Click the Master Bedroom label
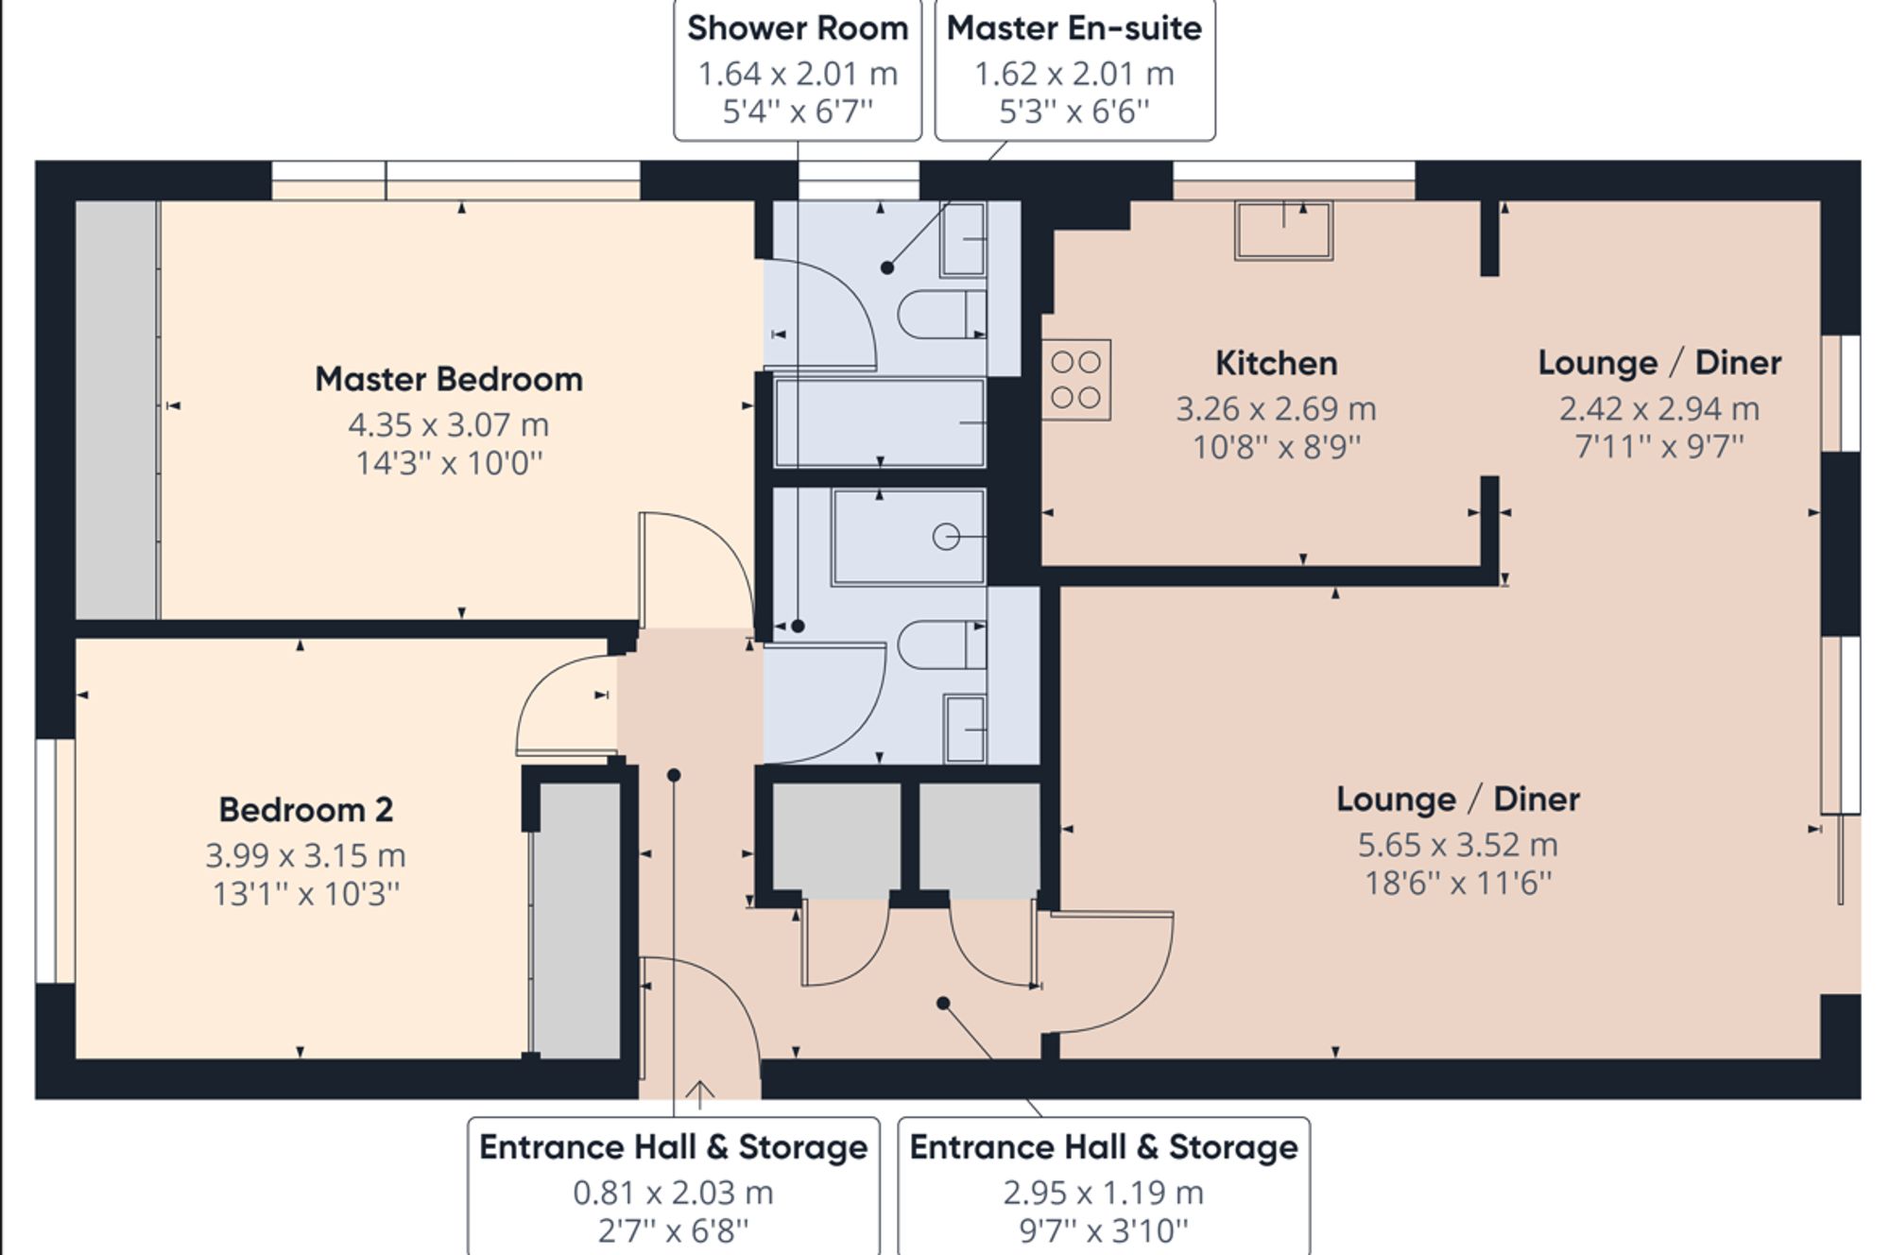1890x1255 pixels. (x=449, y=380)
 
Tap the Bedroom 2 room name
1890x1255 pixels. (x=305, y=810)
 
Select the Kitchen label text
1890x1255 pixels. (x=1276, y=364)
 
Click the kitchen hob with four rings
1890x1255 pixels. (x=1076, y=380)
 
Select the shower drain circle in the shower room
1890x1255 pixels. (x=946, y=537)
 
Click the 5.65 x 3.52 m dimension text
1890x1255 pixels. (x=1457, y=845)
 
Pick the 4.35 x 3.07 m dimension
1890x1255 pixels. (x=448, y=425)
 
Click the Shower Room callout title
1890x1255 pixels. (x=797, y=28)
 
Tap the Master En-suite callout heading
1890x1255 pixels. (x=1074, y=28)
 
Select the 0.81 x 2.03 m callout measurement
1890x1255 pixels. (x=673, y=1194)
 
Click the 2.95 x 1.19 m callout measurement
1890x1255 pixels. (x=1103, y=1194)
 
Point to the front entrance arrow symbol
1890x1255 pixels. (x=699, y=1094)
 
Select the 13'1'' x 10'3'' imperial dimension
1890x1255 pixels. (x=305, y=894)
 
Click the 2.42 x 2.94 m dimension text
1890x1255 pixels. (x=1658, y=409)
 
